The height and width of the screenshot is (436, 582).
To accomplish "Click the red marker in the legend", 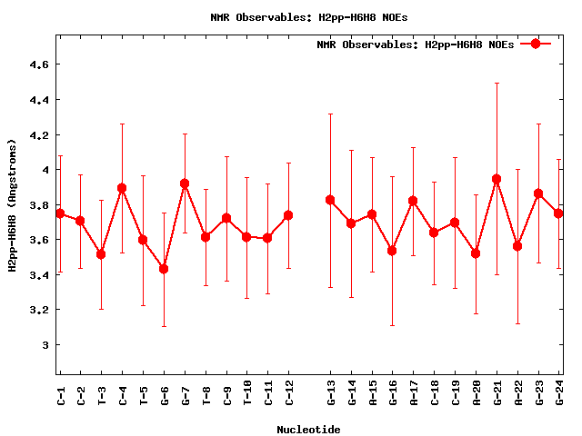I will [536, 44].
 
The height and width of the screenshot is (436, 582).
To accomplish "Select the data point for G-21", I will [497, 179].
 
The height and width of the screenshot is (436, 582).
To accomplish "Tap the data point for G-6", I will [164, 269].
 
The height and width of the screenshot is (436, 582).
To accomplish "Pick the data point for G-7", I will [185, 183].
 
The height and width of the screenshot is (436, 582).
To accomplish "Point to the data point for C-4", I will [122, 188].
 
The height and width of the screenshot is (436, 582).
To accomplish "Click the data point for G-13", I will [330, 200].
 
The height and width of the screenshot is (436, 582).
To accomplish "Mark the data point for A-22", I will [517, 246].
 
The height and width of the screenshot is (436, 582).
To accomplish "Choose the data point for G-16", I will [392, 251].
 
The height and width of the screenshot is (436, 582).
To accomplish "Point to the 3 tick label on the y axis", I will [44, 345].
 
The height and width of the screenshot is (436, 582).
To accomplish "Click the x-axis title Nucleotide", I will [309, 430].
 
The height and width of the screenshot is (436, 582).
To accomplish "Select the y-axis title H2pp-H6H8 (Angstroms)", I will [13, 205].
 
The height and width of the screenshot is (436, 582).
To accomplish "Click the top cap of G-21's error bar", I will [497, 83].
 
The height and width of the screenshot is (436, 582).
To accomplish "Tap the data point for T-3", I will [101, 254].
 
